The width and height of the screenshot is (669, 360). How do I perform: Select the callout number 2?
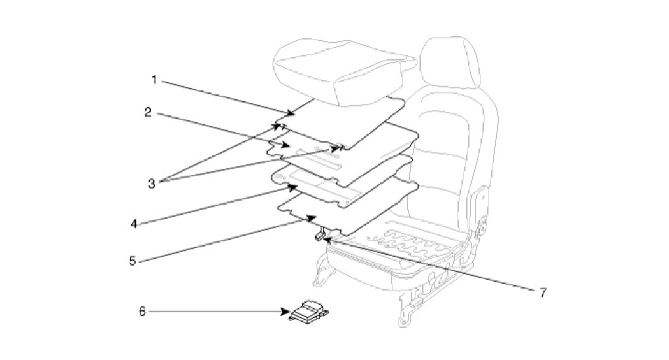click(147, 112)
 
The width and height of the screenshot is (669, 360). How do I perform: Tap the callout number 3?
click(152, 184)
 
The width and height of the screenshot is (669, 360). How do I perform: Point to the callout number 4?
click(134, 224)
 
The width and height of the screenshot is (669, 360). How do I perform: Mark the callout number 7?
click(543, 292)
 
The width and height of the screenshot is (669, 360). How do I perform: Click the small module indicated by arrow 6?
click(310, 312)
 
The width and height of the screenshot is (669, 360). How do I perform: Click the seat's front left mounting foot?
click(321, 277)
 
